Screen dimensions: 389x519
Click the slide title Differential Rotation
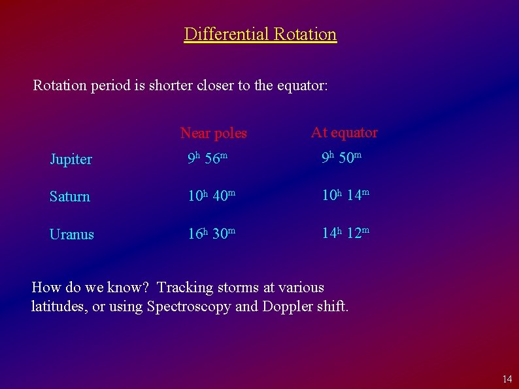click(x=260, y=34)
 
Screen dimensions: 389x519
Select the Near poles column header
click(x=213, y=133)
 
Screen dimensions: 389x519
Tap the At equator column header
click(x=344, y=133)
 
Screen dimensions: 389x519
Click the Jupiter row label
click(x=71, y=160)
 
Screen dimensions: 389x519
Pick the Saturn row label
click(x=69, y=197)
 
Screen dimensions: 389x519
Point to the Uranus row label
click(x=71, y=235)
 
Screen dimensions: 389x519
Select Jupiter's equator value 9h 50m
click(x=341, y=159)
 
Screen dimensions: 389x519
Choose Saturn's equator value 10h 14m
click(x=345, y=196)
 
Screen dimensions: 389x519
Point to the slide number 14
click(x=507, y=379)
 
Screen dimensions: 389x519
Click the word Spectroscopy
click(x=189, y=307)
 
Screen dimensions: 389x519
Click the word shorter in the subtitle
click(x=171, y=86)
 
